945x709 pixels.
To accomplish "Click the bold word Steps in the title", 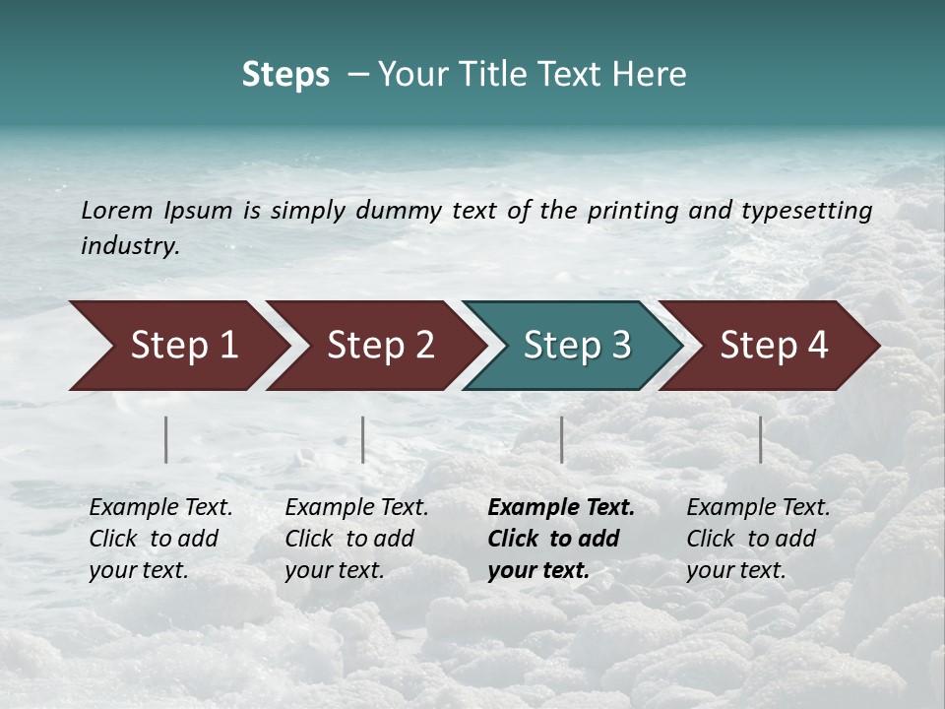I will pos(285,75).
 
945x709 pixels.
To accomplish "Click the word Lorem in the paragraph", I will pos(117,210).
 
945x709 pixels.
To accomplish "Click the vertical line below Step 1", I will pos(166,439).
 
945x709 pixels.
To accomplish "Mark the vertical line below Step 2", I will pos(363,439).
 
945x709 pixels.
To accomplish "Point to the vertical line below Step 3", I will pos(562,439).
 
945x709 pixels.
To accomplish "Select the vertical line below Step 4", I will pos(761,439).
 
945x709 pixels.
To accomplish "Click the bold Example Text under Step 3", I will pos(561,508).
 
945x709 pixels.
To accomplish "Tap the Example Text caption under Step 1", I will pos(160,508).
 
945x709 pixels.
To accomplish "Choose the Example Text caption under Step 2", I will pos(356,508).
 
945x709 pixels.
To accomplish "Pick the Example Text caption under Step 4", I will pos(758,508).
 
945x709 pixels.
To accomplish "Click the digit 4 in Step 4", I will pos(817,346).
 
